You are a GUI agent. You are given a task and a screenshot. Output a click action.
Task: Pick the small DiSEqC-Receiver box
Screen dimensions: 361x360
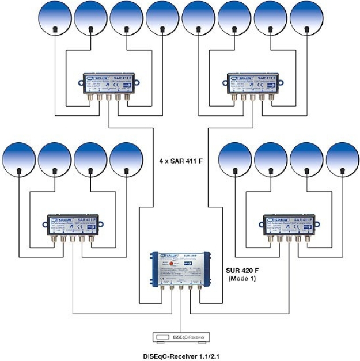point(180,336)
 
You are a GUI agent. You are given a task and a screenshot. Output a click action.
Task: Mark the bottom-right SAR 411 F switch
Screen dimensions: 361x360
point(288,227)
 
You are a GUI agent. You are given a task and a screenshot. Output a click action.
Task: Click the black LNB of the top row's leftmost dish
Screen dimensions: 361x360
point(55,29)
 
